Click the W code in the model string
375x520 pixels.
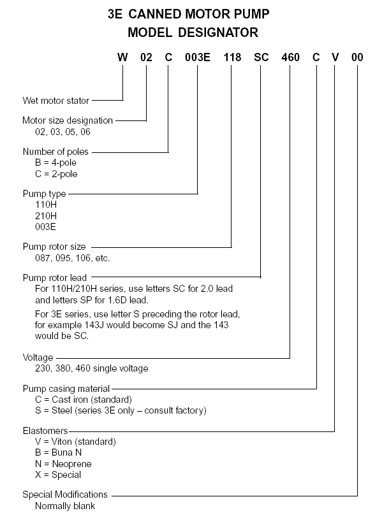pos(122,57)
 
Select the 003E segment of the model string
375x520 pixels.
pos(198,57)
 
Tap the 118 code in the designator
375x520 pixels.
pos(232,57)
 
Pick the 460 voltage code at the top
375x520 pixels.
pos(290,57)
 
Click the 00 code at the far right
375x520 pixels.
pos(357,57)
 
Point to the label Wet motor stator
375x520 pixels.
pos(55,101)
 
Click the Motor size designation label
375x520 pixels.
pos(68,120)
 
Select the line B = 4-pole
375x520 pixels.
pos(55,162)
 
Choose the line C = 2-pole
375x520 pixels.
pos(56,174)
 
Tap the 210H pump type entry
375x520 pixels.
pos(46,216)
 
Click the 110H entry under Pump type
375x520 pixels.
pos(46,205)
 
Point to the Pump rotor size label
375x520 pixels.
pos(54,247)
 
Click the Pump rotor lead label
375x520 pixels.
pos(55,278)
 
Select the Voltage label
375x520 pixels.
pos(38,357)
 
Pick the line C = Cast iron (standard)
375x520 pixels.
pos(84,400)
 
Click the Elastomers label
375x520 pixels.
pos(45,431)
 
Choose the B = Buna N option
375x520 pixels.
pos(59,452)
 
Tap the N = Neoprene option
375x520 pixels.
pos(63,464)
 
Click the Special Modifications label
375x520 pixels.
pos(65,495)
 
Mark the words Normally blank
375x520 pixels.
pos(65,506)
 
